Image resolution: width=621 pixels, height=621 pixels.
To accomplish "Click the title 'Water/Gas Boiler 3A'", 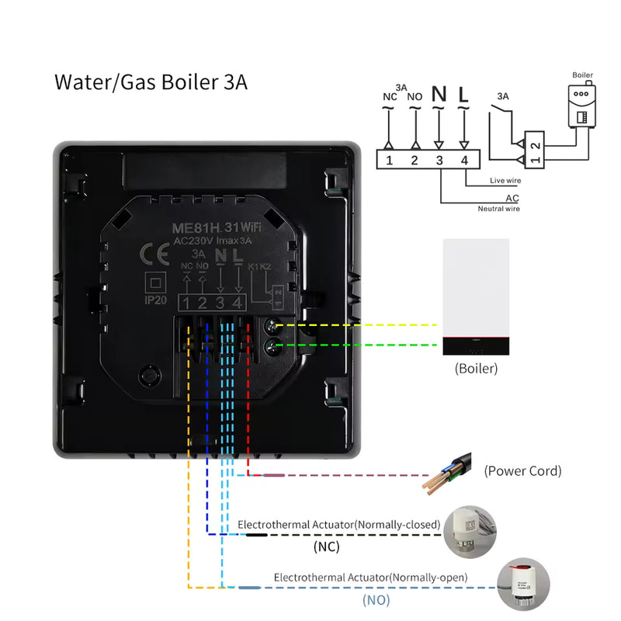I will coord(151,83).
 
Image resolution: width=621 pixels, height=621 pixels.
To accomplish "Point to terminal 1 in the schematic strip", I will coord(390,161).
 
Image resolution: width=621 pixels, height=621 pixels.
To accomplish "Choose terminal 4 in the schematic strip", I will coord(465,161).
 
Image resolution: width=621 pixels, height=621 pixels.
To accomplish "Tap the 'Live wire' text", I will coord(505,181).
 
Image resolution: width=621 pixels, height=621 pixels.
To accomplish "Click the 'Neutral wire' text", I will coord(499,208).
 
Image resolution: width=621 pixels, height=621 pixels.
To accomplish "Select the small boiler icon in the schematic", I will coord(582,105).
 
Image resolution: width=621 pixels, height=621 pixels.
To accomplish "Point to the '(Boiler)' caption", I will coord(475,369).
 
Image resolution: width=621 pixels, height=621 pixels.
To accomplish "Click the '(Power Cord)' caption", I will coord(522,470).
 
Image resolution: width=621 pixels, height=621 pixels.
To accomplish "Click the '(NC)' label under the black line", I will coord(326,547).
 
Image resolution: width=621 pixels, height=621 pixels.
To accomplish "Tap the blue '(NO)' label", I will coord(376,600).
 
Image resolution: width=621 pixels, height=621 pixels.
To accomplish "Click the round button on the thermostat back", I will coord(148,376).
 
